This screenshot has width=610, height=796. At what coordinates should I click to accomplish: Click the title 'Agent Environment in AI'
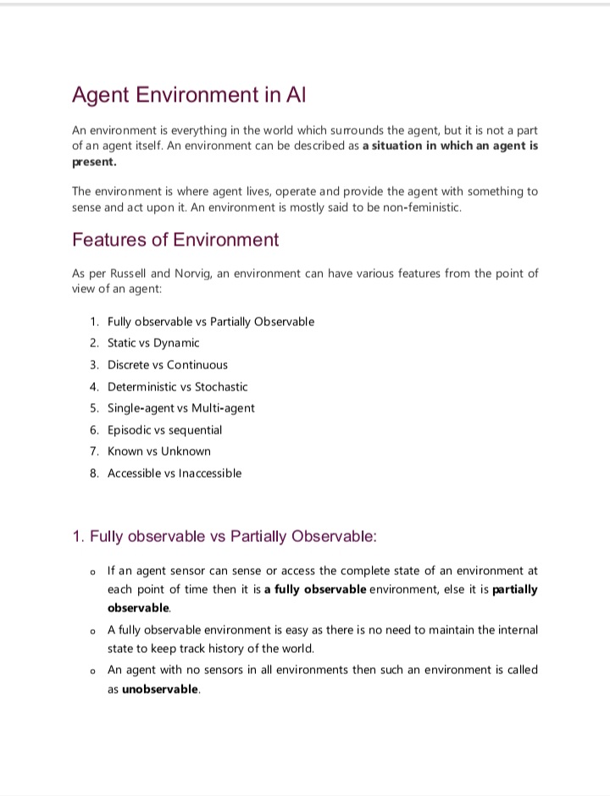(188, 94)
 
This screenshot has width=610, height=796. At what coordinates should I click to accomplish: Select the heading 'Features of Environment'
(175, 240)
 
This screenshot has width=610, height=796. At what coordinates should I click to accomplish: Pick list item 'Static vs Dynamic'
(153, 343)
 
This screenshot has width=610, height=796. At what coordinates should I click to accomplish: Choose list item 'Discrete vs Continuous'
(168, 365)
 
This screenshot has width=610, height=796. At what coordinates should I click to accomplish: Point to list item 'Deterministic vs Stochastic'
(178, 387)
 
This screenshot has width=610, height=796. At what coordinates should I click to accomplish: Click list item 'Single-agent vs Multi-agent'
(181, 408)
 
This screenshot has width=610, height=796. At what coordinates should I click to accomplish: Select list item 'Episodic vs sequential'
(165, 430)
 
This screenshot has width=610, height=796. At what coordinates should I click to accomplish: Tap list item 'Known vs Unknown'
(159, 451)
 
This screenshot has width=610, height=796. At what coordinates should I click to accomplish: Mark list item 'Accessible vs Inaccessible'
(175, 473)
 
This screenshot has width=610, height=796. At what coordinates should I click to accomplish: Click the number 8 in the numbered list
(93, 473)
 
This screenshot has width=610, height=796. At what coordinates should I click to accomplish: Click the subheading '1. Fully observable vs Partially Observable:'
(225, 537)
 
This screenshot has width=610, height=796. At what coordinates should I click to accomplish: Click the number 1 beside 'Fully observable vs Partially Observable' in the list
(93, 322)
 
